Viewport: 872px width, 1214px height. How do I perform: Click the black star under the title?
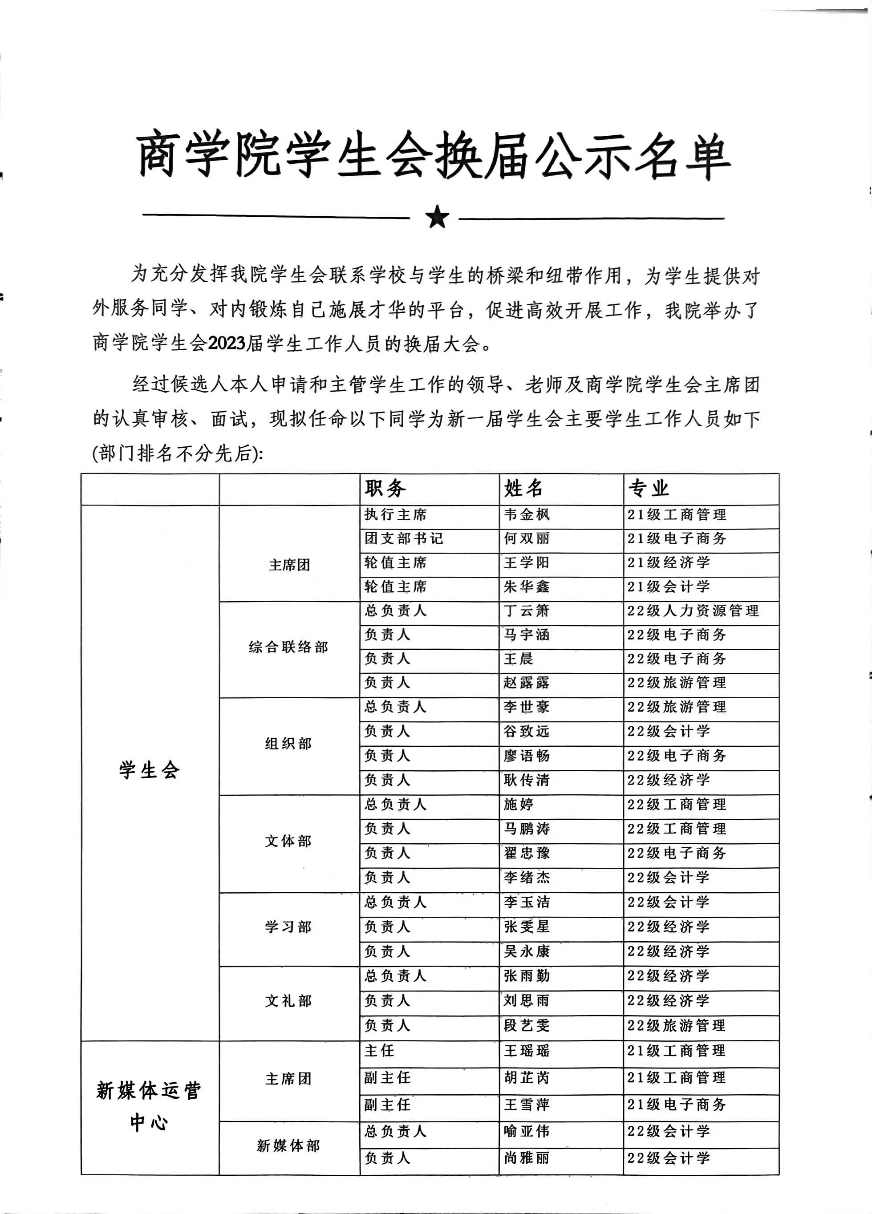click(x=437, y=217)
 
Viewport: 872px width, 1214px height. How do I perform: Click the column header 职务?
click(x=385, y=488)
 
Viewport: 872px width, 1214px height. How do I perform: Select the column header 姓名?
click(x=523, y=488)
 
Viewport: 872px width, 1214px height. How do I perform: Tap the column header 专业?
click(x=649, y=488)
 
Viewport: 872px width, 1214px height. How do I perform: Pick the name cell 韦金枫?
click(x=527, y=515)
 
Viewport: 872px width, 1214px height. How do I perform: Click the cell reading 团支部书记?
click(x=404, y=538)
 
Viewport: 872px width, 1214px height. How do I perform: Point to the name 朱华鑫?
click(x=527, y=587)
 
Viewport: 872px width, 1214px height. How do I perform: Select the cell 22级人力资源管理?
click(x=693, y=611)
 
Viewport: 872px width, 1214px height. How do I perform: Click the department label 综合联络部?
click(x=288, y=647)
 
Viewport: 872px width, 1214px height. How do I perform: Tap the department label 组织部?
click(x=288, y=744)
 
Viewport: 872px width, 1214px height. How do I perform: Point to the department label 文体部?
click(x=288, y=841)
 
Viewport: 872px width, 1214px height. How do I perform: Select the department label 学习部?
click(x=288, y=927)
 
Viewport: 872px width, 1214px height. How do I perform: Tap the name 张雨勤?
click(x=527, y=976)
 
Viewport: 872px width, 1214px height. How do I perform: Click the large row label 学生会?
click(x=150, y=770)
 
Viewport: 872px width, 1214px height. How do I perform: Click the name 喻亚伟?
click(x=527, y=1131)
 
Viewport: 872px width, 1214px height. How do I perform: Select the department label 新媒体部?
click(x=288, y=1145)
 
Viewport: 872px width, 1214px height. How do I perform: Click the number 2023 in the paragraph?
click(x=227, y=344)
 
